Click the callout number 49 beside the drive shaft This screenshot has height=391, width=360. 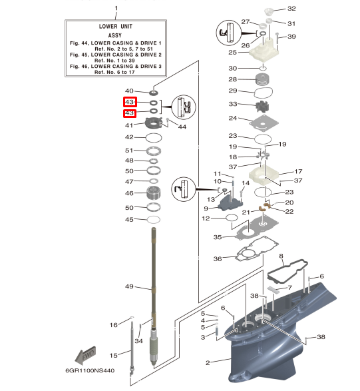tap(130, 287)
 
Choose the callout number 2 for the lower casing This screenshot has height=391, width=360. tap(208, 362)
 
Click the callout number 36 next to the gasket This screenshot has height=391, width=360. tap(218, 258)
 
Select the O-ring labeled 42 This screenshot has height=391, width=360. tap(153, 137)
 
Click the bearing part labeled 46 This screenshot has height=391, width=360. tap(154, 195)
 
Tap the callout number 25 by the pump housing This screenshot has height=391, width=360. tap(232, 52)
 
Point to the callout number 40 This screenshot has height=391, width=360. tap(130, 91)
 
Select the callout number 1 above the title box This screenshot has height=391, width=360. tap(116, 8)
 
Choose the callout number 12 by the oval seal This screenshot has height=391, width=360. tap(206, 218)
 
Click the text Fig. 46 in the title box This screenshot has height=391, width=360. tap(81, 67)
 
